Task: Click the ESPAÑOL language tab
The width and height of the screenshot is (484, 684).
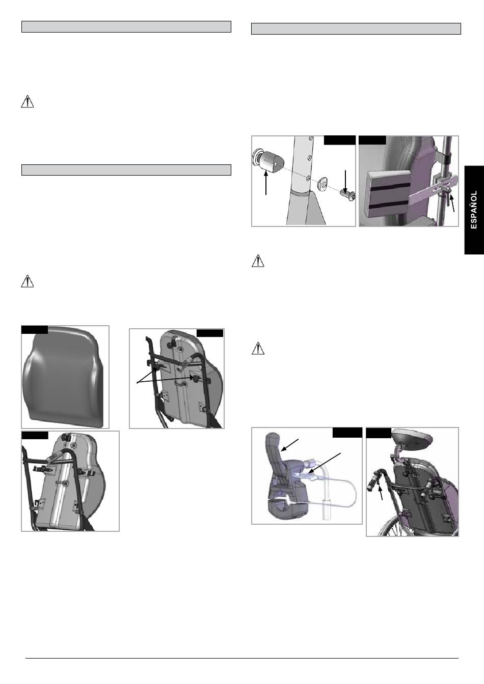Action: pyautogui.click(x=474, y=210)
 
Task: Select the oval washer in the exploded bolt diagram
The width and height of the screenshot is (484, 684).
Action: pyautogui.click(x=322, y=184)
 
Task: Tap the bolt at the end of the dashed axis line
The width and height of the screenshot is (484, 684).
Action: pyautogui.click(x=348, y=194)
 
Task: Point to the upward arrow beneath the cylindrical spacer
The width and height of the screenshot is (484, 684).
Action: pyautogui.click(x=266, y=183)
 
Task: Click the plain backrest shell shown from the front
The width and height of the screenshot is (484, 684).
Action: pyautogui.click(x=65, y=376)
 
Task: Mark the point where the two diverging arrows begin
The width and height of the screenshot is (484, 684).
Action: pyautogui.click(x=137, y=383)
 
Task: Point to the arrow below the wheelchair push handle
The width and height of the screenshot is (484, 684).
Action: pyautogui.click(x=381, y=493)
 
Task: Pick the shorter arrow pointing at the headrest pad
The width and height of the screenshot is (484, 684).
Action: pyautogui.click(x=289, y=445)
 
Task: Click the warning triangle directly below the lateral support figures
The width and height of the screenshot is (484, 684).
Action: pyautogui.click(x=258, y=261)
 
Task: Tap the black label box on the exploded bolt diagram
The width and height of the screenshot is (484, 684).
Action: pyautogui.click(x=340, y=140)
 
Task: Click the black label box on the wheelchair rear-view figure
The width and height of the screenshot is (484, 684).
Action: pyautogui.click(x=379, y=433)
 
